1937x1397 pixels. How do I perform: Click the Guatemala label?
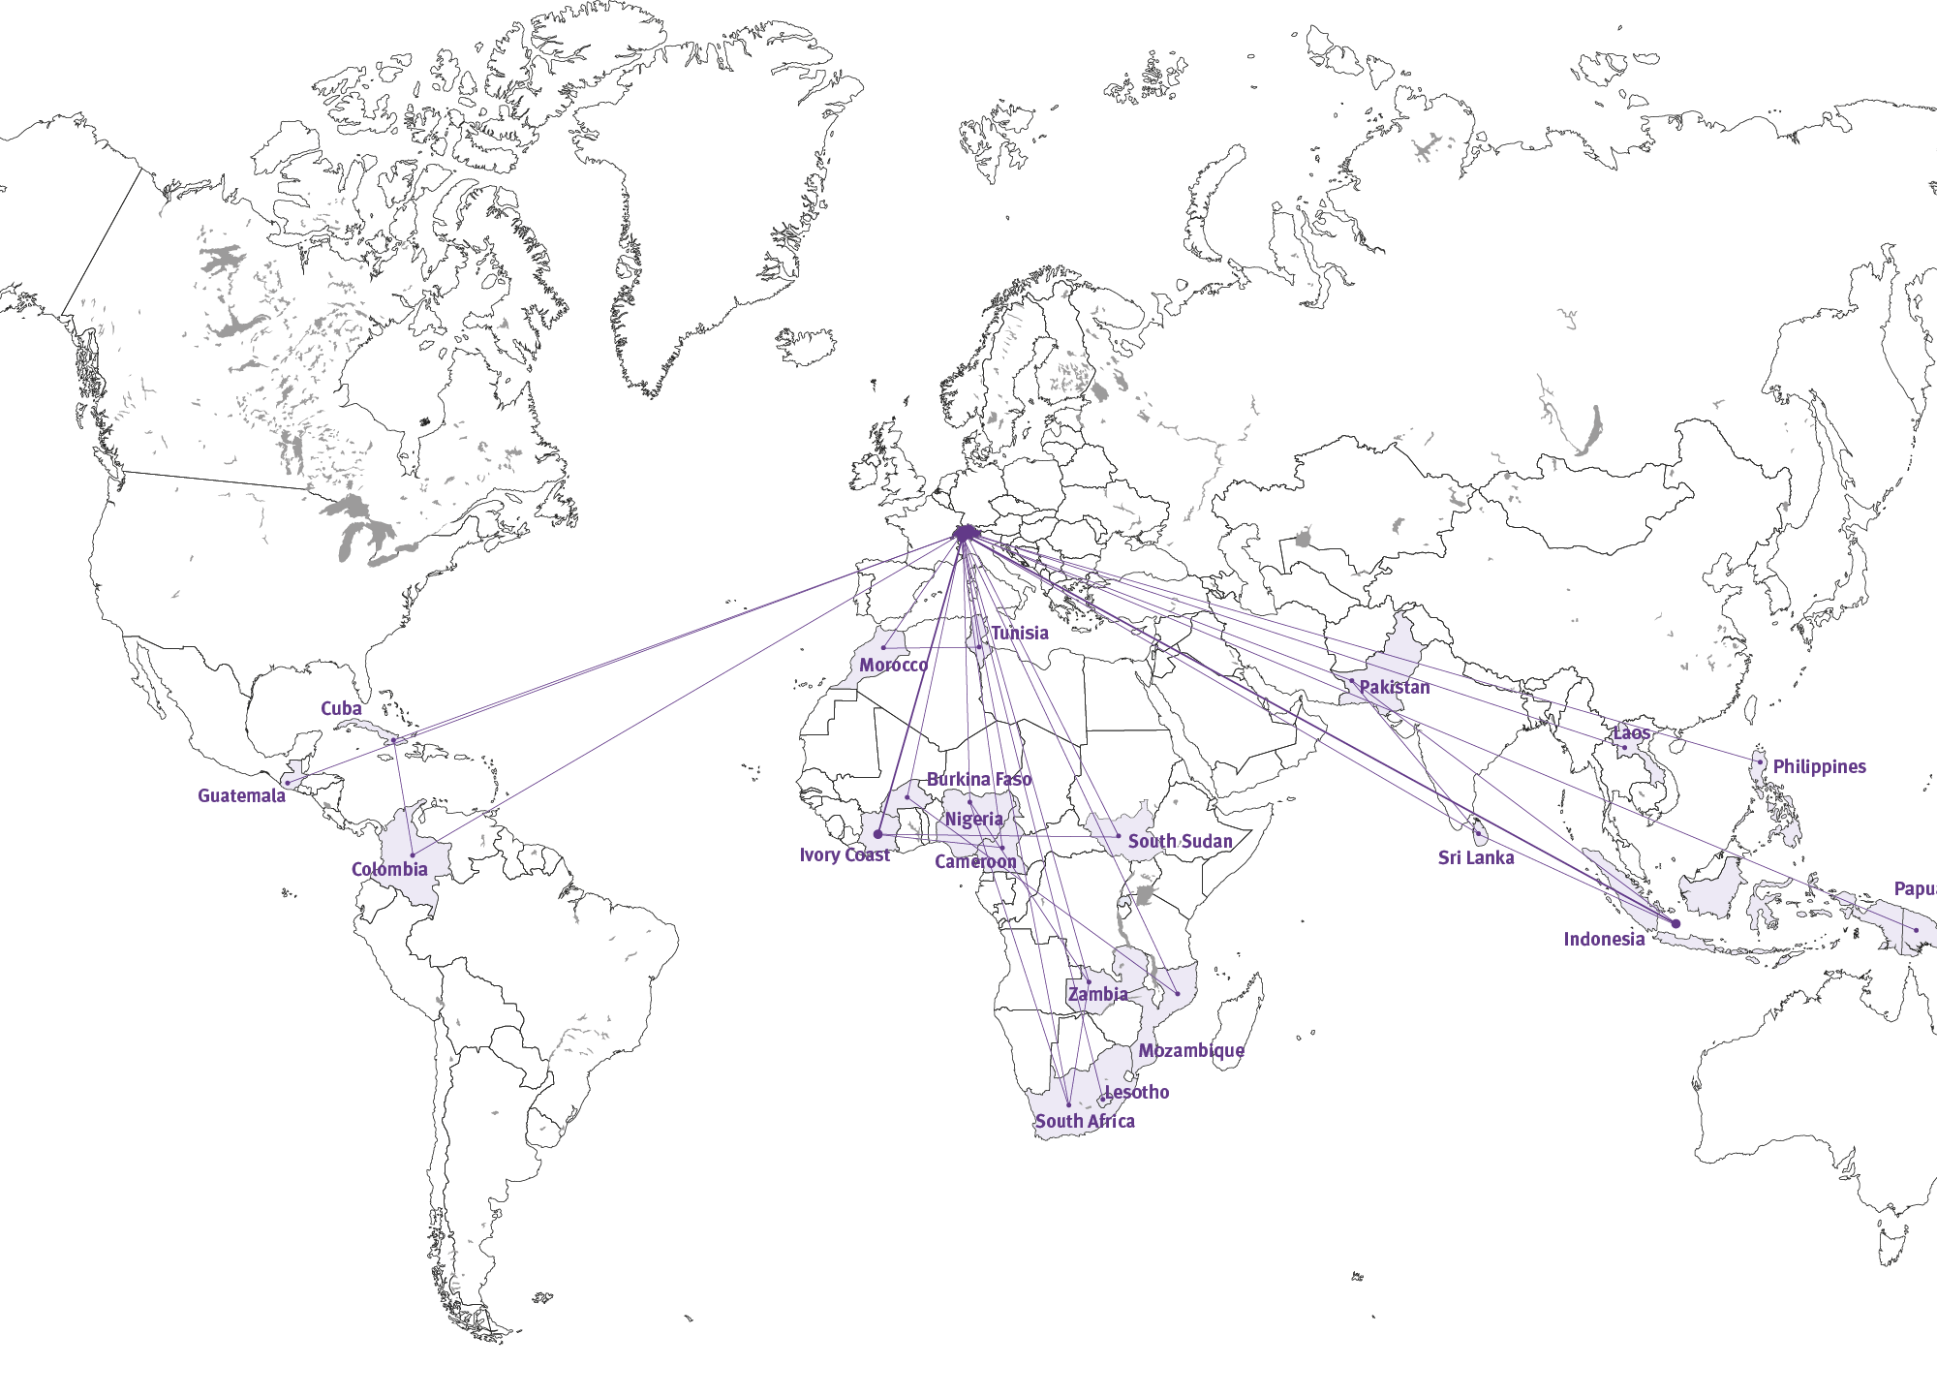[x=241, y=795]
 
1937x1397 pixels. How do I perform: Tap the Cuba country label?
[x=341, y=708]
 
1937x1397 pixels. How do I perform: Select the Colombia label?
[x=389, y=869]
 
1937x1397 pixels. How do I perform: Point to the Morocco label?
[x=893, y=665]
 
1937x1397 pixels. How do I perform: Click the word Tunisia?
[x=1019, y=633]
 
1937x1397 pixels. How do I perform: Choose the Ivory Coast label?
[x=844, y=854]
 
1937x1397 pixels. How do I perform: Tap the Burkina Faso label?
[x=979, y=779]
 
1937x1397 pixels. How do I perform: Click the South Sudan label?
[x=1180, y=841]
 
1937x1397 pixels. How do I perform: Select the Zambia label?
[x=1097, y=994]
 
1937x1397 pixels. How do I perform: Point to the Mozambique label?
[x=1191, y=1050]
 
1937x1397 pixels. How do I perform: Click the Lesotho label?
[x=1137, y=1092]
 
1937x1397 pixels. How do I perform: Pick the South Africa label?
[x=1085, y=1121]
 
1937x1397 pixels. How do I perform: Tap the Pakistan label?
[x=1395, y=687]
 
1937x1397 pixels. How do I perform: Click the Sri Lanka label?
[x=1476, y=857]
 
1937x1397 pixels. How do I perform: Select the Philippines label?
[x=1819, y=766]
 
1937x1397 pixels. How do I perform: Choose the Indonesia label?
[x=1604, y=939]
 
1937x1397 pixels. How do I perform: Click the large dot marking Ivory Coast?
[x=878, y=834]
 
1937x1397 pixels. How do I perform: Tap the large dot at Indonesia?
[x=1676, y=923]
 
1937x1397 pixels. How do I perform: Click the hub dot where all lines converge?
[x=965, y=533]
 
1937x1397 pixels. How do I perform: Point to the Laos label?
[x=1631, y=733]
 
